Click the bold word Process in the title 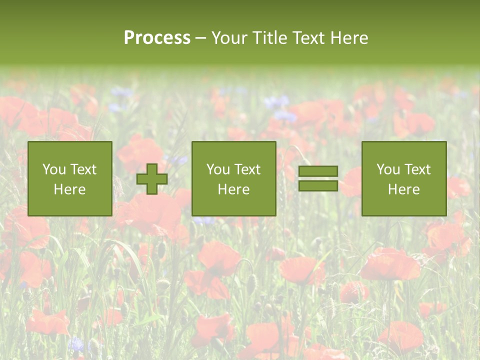[157, 38]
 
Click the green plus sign [152, 179]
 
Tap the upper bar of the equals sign [318, 171]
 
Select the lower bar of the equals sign [318, 186]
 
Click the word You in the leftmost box [53, 169]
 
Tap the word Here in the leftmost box [69, 189]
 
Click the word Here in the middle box [233, 189]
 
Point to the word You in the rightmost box [387, 169]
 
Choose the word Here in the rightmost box [403, 189]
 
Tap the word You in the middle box [217, 169]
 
